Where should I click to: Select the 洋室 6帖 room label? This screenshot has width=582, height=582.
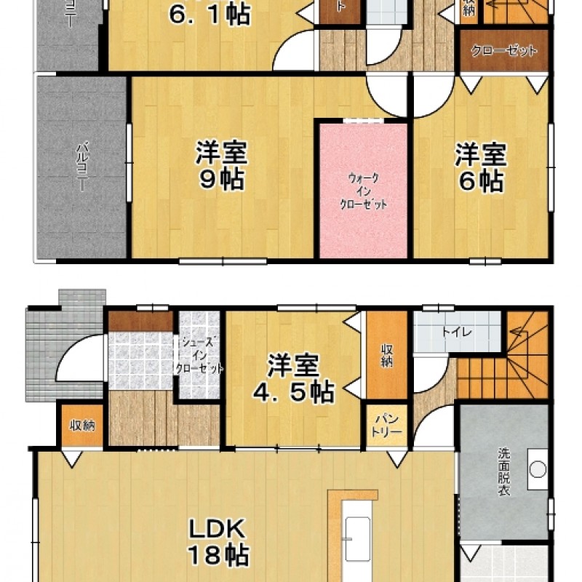[481, 167]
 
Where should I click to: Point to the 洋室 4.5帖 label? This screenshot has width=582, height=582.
[293, 379]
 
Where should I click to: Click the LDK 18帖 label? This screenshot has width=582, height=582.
[219, 542]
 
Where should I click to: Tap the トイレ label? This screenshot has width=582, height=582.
[457, 332]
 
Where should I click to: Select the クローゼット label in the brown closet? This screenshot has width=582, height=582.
[504, 52]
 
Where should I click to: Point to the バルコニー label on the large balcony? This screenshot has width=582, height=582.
[81, 167]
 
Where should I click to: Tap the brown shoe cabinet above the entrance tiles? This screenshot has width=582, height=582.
[140, 322]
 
